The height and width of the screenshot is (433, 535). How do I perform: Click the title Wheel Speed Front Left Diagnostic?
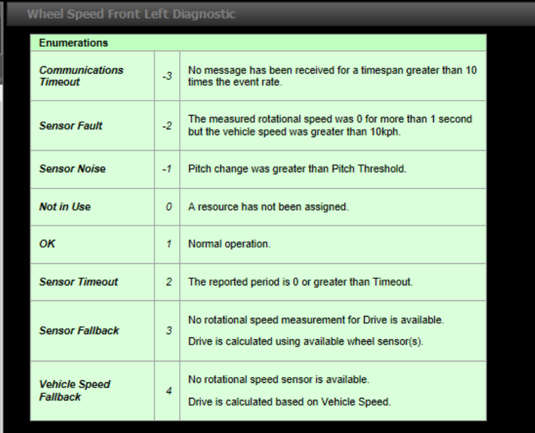tap(131, 14)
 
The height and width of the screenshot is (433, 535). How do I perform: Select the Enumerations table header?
tap(73, 43)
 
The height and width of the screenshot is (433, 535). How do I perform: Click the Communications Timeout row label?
tap(81, 76)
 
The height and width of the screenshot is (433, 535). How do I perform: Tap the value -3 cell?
tap(167, 76)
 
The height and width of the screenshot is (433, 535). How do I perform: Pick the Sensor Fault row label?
tap(70, 125)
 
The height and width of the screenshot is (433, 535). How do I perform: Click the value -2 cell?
tap(167, 125)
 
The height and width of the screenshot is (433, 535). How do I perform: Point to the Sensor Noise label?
tap(72, 169)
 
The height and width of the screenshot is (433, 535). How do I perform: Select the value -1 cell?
tap(167, 169)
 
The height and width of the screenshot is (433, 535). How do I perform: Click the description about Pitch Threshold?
tap(297, 169)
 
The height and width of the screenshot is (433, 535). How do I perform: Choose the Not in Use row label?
tap(64, 207)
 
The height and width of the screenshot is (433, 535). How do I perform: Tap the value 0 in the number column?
tap(169, 207)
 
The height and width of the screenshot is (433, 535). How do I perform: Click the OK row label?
tap(48, 244)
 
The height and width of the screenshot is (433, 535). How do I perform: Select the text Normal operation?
tap(228, 244)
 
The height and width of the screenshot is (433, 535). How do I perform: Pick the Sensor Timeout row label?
tap(78, 282)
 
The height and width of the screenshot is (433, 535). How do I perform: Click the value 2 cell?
tap(169, 282)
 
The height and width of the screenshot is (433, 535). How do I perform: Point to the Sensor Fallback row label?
tap(79, 330)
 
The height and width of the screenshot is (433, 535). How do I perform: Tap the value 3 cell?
tap(169, 330)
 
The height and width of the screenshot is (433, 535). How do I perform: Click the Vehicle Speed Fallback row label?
tap(74, 390)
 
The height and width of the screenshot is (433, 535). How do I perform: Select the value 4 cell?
tap(169, 391)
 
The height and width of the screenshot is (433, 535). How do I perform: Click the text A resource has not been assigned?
tap(268, 207)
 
